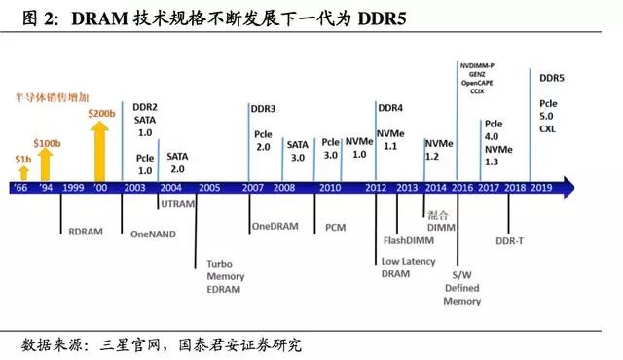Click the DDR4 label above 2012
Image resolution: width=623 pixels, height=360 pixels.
(389, 107)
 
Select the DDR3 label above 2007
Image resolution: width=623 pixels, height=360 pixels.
(263, 108)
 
